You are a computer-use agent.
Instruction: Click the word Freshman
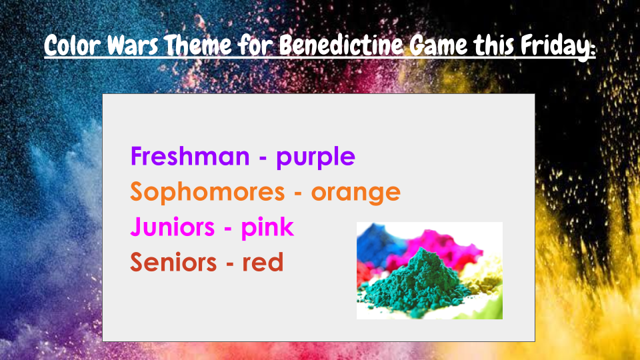pos(190,156)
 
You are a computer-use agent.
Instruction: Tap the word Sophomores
pos(207,191)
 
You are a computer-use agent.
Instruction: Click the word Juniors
pos(173,227)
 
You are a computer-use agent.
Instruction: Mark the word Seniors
pos(173,262)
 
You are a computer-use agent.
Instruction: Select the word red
pos(263,262)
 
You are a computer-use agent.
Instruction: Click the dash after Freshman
pos(263,158)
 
